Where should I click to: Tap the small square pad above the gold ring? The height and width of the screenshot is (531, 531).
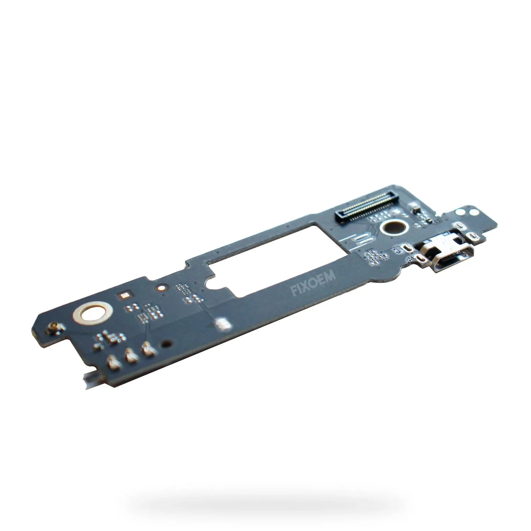point(124,295)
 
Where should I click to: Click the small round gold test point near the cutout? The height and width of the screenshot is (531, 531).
point(162,288)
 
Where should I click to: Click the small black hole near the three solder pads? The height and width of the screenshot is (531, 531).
point(166,343)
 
